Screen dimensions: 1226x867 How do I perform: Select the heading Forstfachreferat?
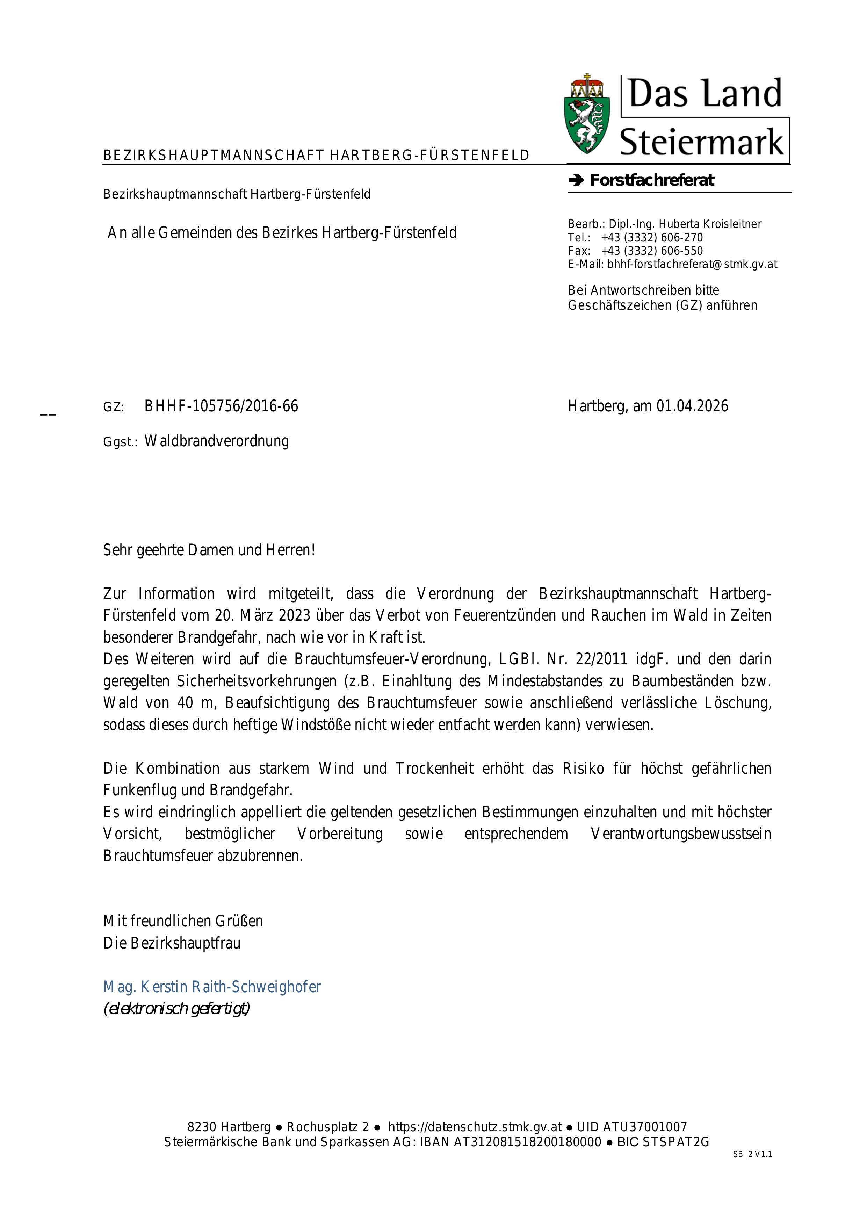coord(651,180)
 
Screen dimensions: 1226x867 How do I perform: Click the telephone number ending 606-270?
coord(652,238)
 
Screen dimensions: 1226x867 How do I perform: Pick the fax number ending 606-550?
coord(652,251)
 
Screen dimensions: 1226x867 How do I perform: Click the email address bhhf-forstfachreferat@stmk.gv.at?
coord(692,264)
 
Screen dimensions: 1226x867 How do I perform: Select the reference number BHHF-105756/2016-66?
coord(221,406)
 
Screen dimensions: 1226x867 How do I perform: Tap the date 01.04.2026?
coord(692,406)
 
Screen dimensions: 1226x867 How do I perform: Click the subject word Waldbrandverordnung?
coord(217,441)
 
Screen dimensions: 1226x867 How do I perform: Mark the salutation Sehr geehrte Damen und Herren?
coord(209,550)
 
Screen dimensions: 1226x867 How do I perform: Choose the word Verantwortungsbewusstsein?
coord(681,834)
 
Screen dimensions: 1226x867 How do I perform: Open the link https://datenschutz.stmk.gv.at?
coord(475,1127)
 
